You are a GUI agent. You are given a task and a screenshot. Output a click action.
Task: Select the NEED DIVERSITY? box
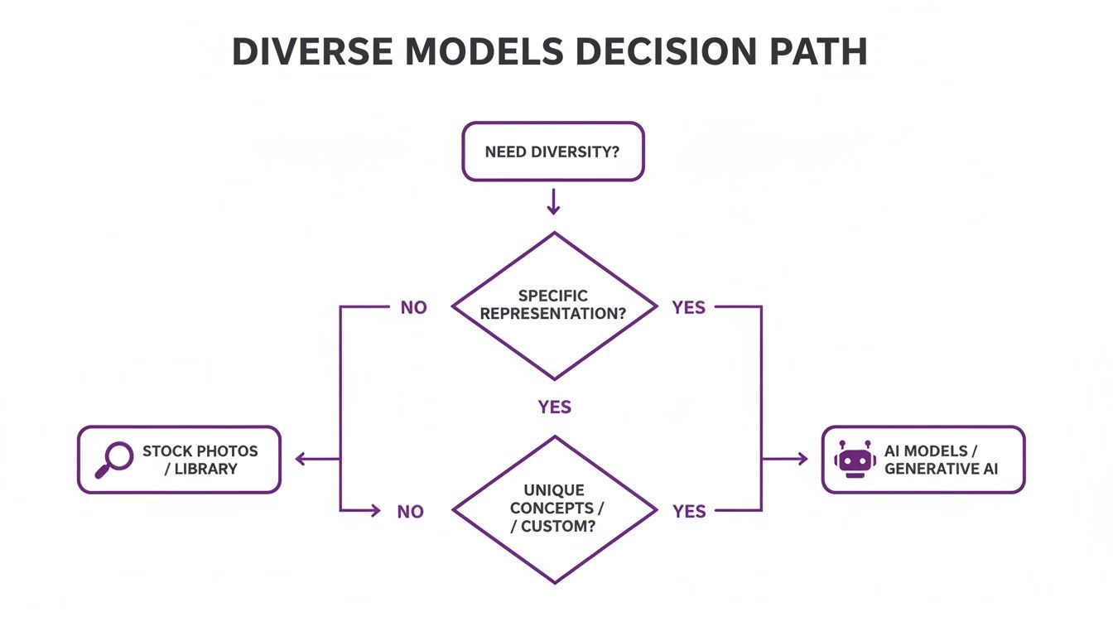pos(552,152)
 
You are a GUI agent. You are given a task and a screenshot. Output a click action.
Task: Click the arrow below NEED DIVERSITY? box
pos(553,202)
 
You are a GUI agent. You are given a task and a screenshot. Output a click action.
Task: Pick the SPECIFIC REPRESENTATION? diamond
pos(553,306)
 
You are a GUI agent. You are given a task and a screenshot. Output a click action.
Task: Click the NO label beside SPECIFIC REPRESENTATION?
pos(413,308)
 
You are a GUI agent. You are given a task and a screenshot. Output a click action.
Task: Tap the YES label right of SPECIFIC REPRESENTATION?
pos(689,308)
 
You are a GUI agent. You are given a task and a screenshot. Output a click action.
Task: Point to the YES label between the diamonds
pos(554,407)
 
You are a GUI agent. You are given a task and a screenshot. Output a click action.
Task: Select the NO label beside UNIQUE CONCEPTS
pos(410,512)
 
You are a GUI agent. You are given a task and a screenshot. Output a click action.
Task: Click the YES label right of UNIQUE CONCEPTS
pos(689,512)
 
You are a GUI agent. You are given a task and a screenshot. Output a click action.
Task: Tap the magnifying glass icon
pos(114,459)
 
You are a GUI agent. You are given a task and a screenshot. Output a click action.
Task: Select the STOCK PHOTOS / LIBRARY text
pos(200,460)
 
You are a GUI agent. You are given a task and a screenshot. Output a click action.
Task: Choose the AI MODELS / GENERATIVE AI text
pos(942,460)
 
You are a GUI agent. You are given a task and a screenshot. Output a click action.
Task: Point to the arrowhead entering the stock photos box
pos(301,459)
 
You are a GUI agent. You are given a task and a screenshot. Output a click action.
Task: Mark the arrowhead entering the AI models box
pos(802,459)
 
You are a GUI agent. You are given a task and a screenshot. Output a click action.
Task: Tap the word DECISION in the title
pos(658,52)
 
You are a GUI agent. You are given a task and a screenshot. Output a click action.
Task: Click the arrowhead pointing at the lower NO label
pos(377,511)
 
